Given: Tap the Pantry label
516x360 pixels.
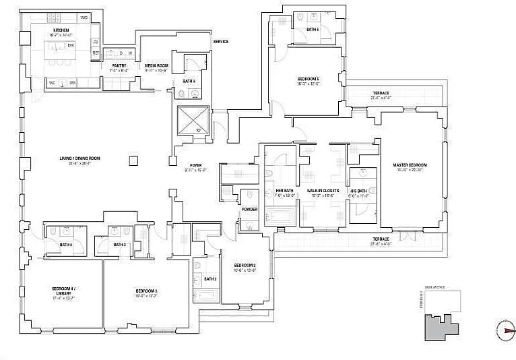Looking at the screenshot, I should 120,65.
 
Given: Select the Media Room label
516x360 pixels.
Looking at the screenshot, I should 156,65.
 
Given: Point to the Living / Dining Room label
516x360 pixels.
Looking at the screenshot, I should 80,159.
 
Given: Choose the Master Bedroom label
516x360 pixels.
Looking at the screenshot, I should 410,164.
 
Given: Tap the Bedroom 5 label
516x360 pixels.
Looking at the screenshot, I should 309,80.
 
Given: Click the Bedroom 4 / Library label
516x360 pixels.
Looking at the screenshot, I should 64,291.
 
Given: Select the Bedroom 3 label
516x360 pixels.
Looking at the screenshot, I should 145,291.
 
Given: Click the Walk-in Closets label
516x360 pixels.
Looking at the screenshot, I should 323,191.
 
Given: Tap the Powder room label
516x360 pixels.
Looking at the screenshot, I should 250,210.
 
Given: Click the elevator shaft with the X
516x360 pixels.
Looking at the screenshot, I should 194,122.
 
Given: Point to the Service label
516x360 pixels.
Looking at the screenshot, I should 220,41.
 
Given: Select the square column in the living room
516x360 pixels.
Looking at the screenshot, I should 134,160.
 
